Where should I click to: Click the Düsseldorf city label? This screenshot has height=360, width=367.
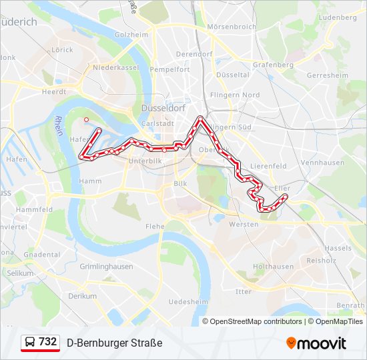click(x=163, y=107)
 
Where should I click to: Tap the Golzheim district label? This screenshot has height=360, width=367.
click(x=130, y=34)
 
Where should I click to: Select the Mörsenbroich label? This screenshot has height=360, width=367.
click(x=232, y=27)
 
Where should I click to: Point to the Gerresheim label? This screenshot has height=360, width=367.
click(x=327, y=75)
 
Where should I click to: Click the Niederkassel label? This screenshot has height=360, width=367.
click(x=115, y=67)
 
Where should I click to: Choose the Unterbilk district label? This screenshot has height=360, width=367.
click(x=145, y=161)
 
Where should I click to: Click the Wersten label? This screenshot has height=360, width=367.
click(x=244, y=224)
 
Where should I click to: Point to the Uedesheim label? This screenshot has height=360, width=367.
click(x=189, y=301)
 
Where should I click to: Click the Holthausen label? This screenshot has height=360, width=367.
click(x=273, y=266)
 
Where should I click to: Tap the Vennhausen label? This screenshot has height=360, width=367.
click(x=322, y=163)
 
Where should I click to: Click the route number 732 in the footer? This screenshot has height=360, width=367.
click(x=47, y=341)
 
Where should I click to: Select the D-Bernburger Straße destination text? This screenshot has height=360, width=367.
click(x=114, y=343)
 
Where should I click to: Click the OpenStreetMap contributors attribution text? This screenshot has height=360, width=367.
click(x=256, y=321)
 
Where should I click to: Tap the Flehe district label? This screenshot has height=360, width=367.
click(x=154, y=226)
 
